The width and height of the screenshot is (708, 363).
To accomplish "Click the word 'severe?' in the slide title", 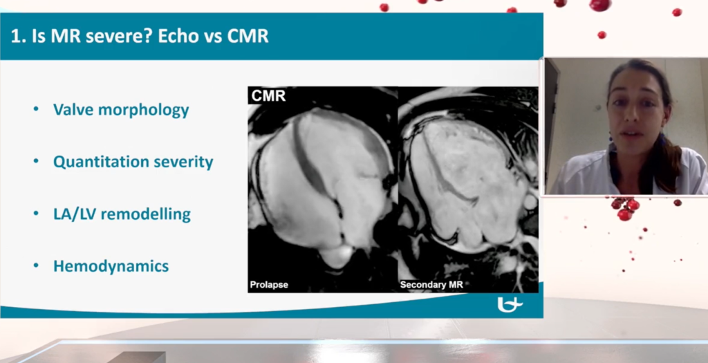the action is click(x=119, y=37).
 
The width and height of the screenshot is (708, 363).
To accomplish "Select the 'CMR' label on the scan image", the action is click(x=269, y=95).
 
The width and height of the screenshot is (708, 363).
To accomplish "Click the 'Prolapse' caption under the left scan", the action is click(x=269, y=285).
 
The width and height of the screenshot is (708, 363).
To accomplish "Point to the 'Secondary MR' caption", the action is click(x=431, y=285).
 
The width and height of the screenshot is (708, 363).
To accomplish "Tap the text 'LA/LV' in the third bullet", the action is click(x=74, y=214).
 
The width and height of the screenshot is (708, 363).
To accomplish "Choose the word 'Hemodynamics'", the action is click(x=111, y=266).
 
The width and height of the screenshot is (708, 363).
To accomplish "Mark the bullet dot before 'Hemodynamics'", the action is click(x=36, y=266).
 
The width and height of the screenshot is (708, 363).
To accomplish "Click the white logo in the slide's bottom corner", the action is click(x=510, y=305).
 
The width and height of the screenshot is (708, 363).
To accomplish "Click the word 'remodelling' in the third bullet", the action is click(x=145, y=214).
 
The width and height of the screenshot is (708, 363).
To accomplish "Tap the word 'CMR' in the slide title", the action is click(x=248, y=36).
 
